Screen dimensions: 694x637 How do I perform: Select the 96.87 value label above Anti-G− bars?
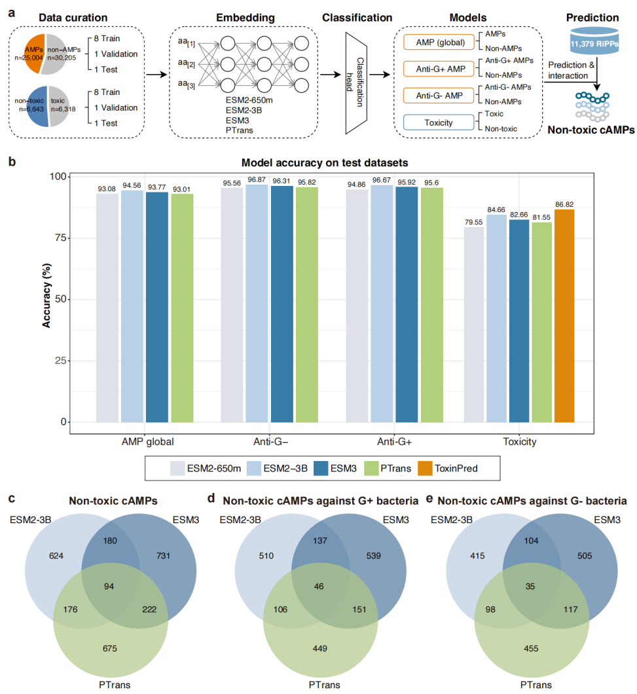257,179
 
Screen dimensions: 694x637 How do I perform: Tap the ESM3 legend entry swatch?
321,468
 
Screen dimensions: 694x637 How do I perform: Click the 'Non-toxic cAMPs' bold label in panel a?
592,130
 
